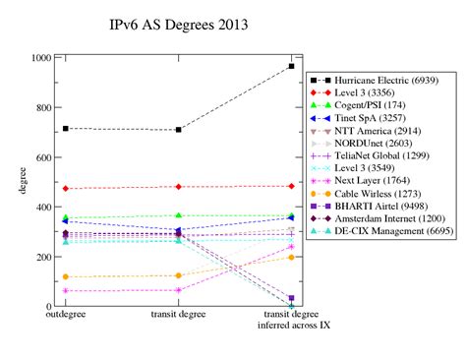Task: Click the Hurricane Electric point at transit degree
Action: pos(178,130)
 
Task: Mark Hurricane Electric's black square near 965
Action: pos(291,66)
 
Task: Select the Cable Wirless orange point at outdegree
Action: pos(65,277)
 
